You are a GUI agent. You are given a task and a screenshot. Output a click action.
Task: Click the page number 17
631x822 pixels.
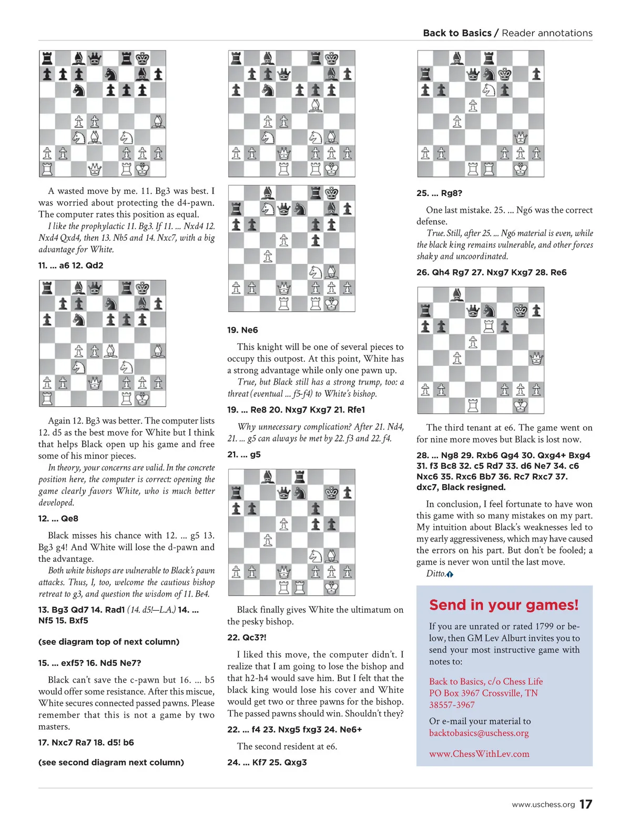[x=586, y=804]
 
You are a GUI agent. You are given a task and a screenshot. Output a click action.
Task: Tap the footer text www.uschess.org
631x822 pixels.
[x=543, y=805]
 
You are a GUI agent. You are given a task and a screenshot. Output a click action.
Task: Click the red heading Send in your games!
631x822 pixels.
[x=503, y=605]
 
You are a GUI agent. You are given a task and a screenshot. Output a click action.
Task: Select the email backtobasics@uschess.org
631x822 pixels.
[x=479, y=733]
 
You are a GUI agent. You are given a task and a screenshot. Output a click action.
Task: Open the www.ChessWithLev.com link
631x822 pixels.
[x=479, y=754]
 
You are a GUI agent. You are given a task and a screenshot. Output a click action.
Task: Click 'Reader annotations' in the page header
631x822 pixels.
[x=547, y=33]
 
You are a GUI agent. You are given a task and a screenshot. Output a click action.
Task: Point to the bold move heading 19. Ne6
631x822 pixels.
[x=242, y=330]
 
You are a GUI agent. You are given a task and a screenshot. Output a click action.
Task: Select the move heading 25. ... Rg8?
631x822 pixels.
[x=439, y=193]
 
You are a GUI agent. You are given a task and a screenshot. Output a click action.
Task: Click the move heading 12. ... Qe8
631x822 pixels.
[x=58, y=518]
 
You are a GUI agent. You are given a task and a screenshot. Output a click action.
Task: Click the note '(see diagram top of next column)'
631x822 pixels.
[x=109, y=642]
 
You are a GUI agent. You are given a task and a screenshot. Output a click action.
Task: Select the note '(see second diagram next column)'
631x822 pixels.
[x=111, y=762]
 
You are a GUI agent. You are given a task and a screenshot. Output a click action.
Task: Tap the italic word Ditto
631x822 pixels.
[x=436, y=573]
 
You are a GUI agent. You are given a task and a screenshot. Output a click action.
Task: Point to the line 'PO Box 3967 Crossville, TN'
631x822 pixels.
[x=483, y=693]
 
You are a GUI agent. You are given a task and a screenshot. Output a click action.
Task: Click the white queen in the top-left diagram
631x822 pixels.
[x=95, y=169]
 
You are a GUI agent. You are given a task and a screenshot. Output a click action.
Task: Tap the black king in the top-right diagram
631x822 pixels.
[x=504, y=74]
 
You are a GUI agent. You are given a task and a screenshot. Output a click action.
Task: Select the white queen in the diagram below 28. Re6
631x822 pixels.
[x=536, y=358]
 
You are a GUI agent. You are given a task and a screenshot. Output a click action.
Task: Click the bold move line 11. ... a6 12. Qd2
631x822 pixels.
[x=70, y=265]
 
